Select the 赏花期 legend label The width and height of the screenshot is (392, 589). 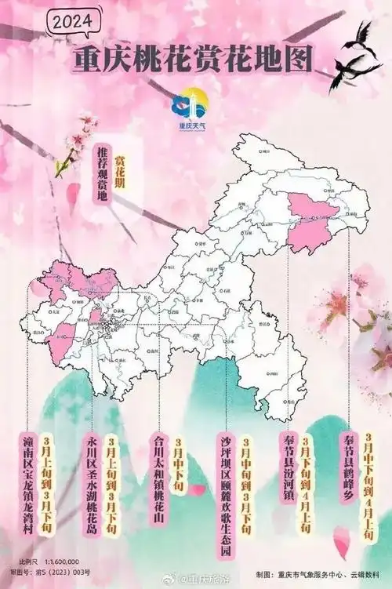(120, 163)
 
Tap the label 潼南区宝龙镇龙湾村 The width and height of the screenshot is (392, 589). (28, 482)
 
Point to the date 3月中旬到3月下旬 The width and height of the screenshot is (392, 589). (245, 488)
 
